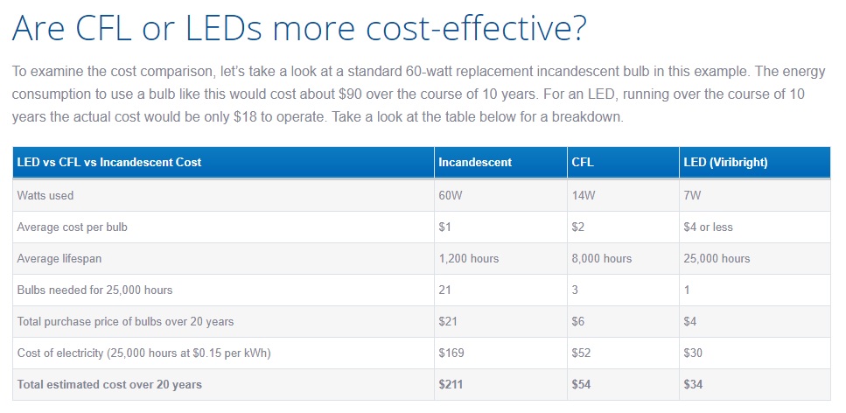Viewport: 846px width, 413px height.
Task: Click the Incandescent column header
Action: coord(475,163)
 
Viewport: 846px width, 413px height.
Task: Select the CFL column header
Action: coord(583,163)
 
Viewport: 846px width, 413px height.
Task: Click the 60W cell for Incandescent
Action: coord(451,196)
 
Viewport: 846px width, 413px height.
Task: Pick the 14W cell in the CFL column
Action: coord(583,196)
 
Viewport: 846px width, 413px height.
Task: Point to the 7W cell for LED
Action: coord(694,196)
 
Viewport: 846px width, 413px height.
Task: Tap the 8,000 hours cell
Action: coord(601,259)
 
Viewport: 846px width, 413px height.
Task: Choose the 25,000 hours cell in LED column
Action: coord(716,259)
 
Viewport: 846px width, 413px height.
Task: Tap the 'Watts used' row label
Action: coord(45,196)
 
